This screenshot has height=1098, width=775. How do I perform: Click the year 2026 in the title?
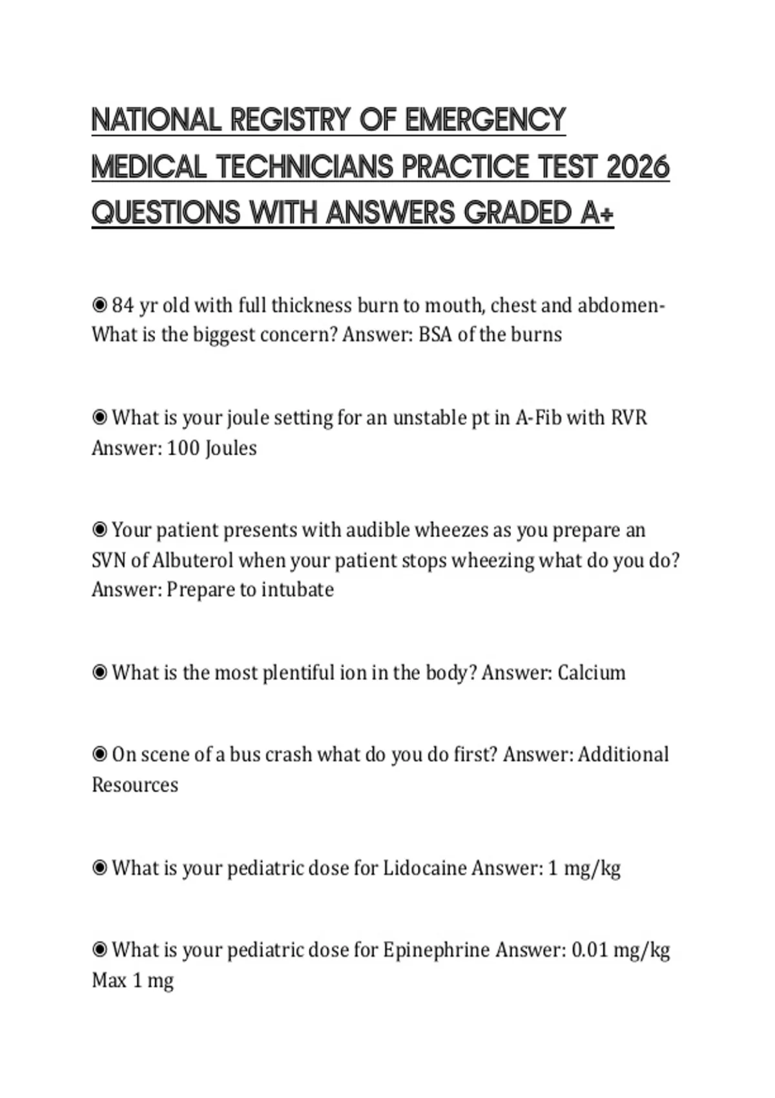pos(638,167)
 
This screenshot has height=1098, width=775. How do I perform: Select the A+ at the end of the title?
pos(596,213)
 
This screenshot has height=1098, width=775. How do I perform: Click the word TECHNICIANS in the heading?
pos(305,167)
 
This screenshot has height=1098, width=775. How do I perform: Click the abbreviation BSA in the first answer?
pos(435,335)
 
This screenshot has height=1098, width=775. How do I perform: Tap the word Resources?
pos(135,785)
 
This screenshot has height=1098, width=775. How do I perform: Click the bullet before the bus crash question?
pos(99,754)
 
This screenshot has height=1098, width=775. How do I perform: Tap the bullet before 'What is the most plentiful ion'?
pos(99,672)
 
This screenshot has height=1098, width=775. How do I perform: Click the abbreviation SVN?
pos(109,560)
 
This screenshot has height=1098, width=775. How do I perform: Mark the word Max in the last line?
pos(109,980)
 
